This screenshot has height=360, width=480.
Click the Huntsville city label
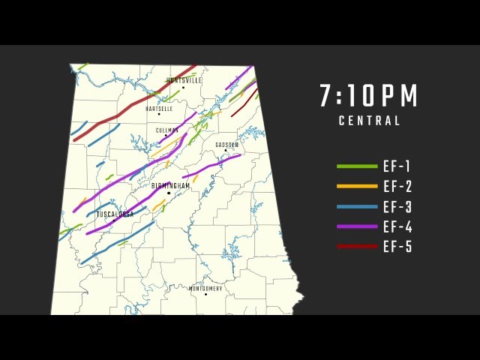(184, 80)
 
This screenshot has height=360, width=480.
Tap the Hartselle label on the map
(159, 109)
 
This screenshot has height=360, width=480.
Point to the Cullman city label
(167, 130)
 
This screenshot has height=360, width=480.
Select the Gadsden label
(226, 145)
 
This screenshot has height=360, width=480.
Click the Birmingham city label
(171, 185)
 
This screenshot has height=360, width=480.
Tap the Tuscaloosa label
(115, 214)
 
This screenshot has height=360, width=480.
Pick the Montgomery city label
(205, 288)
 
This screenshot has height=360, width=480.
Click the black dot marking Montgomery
(205, 294)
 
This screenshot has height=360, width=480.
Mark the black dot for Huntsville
(183, 87)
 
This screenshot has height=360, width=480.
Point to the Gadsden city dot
(225, 151)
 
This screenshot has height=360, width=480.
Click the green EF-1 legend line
(357, 166)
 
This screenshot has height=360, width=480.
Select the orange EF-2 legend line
(357, 186)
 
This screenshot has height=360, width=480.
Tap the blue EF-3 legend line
(357, 206)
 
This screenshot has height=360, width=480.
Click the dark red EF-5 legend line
(357, 246)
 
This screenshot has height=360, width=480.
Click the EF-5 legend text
(397, 247)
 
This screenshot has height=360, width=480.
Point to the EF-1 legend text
(397, 166)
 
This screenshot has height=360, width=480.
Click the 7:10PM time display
(369, 96)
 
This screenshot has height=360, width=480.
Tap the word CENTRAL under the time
(369, 121)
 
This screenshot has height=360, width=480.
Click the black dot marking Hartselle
(159, 114)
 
